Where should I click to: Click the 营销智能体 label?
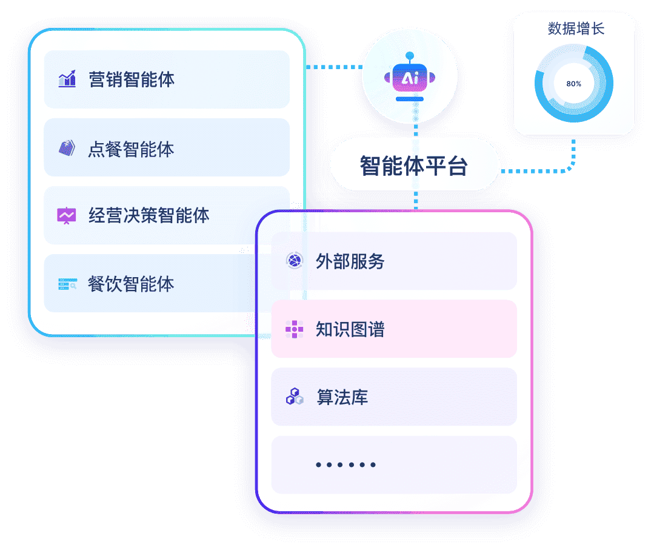[x=132, y=79]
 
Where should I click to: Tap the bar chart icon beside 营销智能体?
[x=67, y=79]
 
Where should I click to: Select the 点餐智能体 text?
[x=131, y=149]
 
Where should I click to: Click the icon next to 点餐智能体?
[x=67, y=149]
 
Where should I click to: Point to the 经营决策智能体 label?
[x=149, y=215]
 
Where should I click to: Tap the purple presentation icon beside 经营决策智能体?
[x=67, y=215]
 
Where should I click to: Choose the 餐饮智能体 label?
[x=131, y=284]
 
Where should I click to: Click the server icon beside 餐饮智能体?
[x=67, y=284]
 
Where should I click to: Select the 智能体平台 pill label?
[x=414, y=166]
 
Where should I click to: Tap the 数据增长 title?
[x=575, y=29]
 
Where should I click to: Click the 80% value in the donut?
[x=573, y=84]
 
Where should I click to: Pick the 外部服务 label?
[x=350, y=261]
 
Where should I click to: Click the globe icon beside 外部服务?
[x=294, y=261]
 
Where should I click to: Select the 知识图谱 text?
[x=350, y=329]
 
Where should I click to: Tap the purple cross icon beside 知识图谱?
[x=294, y=329]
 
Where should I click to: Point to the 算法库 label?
[x=342, y=397]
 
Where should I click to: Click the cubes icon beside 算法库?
[x=294, y=397]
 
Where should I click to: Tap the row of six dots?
[x=346, y=465]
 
